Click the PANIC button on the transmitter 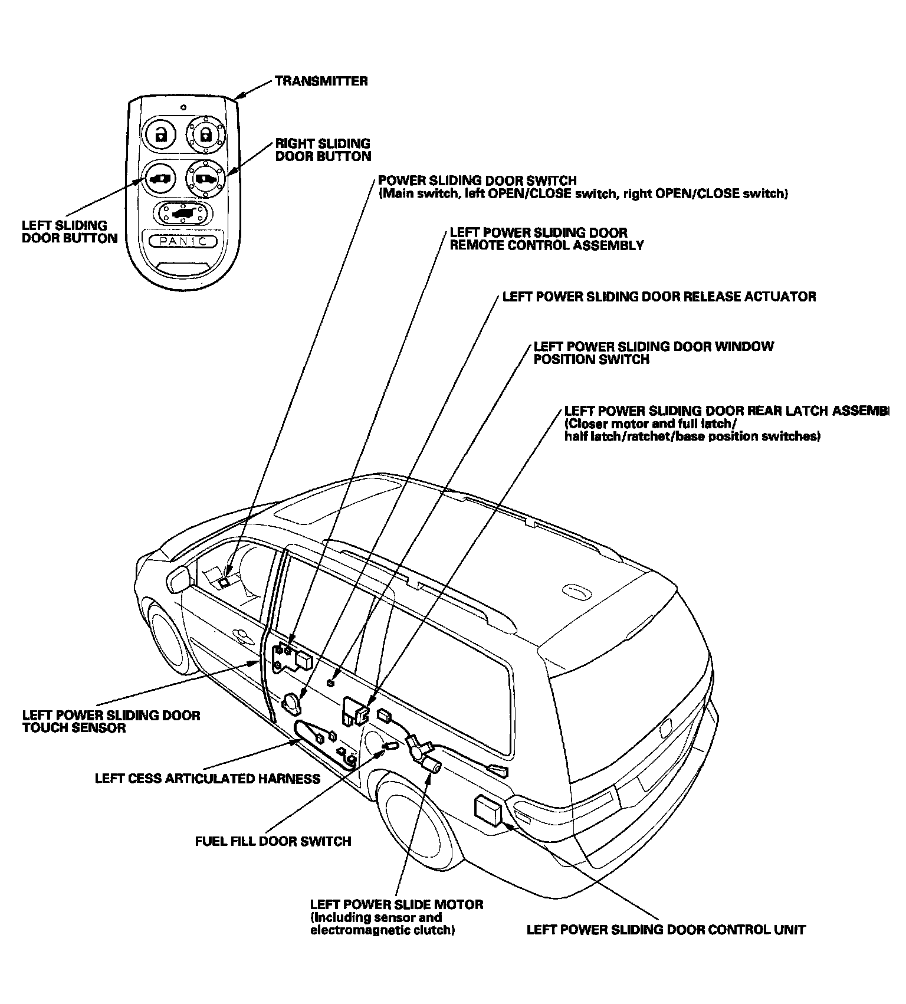click(183, 241)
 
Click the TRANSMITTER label click(321, 81)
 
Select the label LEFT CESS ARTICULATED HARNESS click(208, 779)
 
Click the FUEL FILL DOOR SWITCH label click(273, 841)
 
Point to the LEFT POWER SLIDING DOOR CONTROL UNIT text click(666, 930)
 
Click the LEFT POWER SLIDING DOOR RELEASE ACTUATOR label click(659, 296)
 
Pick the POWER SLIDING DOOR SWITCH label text click(477, 181)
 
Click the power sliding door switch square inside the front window click(224, 582)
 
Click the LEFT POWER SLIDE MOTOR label click(397, 904)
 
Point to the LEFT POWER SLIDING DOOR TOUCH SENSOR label click(111, 721)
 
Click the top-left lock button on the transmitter click(160, 134)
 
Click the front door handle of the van click(241, 635)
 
